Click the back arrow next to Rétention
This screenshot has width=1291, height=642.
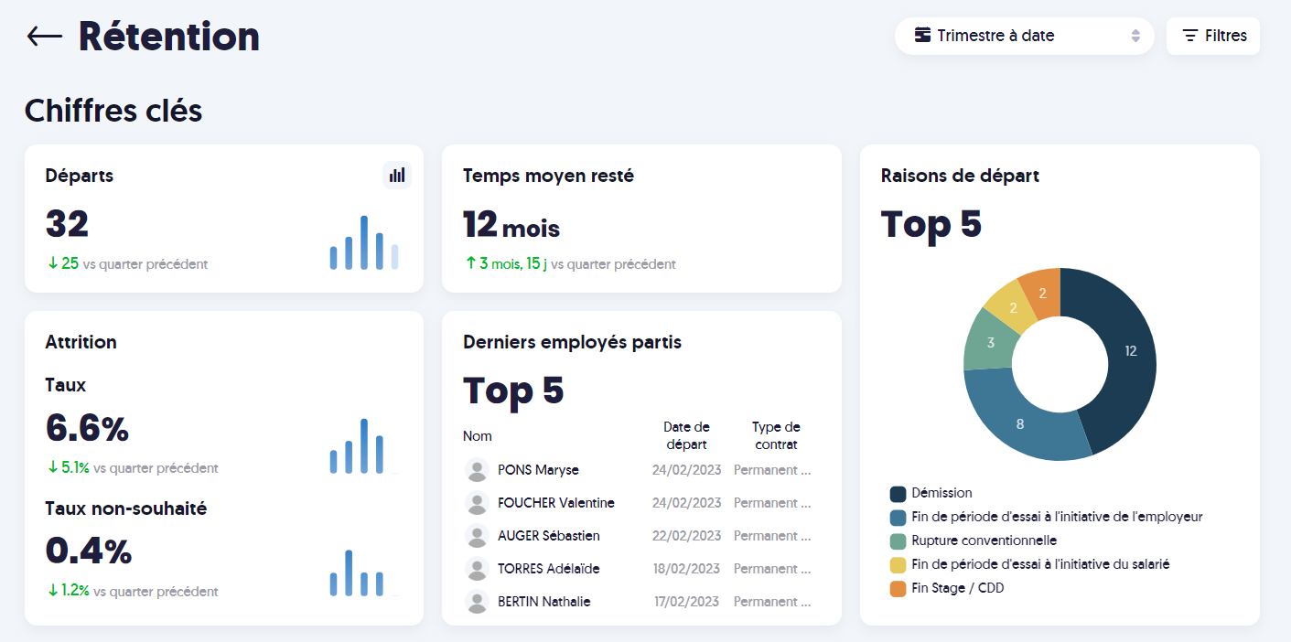(44, 37)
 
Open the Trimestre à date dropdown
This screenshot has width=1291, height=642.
(1024, 36)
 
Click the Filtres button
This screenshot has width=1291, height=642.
(1213, 36)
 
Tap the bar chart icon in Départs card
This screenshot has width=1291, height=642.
(397, 175)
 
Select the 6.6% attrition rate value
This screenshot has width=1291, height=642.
(87, 428)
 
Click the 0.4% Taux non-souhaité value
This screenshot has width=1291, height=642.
(89, 551)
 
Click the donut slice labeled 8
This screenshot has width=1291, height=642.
(1019, 423)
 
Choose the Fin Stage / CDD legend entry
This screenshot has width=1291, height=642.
(957, 588)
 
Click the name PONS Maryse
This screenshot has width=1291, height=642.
(538, 470)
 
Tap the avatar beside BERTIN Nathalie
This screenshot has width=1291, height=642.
(477, 602)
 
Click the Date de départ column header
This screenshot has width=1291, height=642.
(686, 435)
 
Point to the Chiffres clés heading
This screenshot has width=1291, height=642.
(113, 111)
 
